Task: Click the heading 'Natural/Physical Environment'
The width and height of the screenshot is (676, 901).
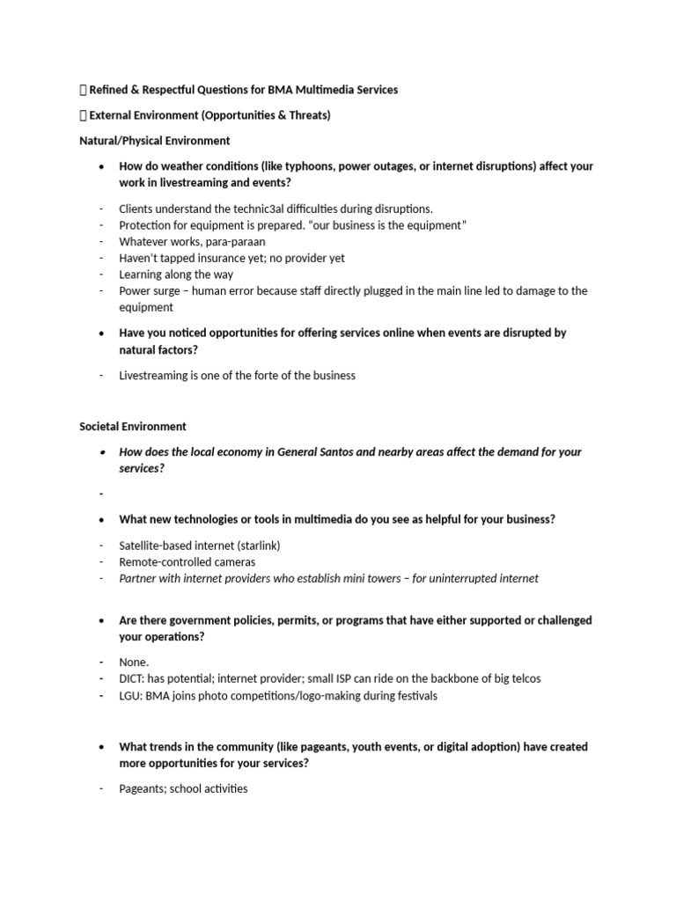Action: click(x=154, y=140)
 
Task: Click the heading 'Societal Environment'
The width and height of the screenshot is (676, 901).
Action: click(x=133, y=426)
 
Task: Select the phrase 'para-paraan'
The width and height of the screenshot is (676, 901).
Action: click(x=232, y=241)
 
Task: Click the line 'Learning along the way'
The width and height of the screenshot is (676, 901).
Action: click(x=176, y=275)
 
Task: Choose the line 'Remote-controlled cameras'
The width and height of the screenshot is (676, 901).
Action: click(x=187, y=562)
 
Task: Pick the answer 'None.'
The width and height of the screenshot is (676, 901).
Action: click(x=134, y=663)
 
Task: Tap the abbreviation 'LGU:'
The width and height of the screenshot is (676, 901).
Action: click(x=133, y=696)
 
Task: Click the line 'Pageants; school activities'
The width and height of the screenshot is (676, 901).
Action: click(x=183, y=789)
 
